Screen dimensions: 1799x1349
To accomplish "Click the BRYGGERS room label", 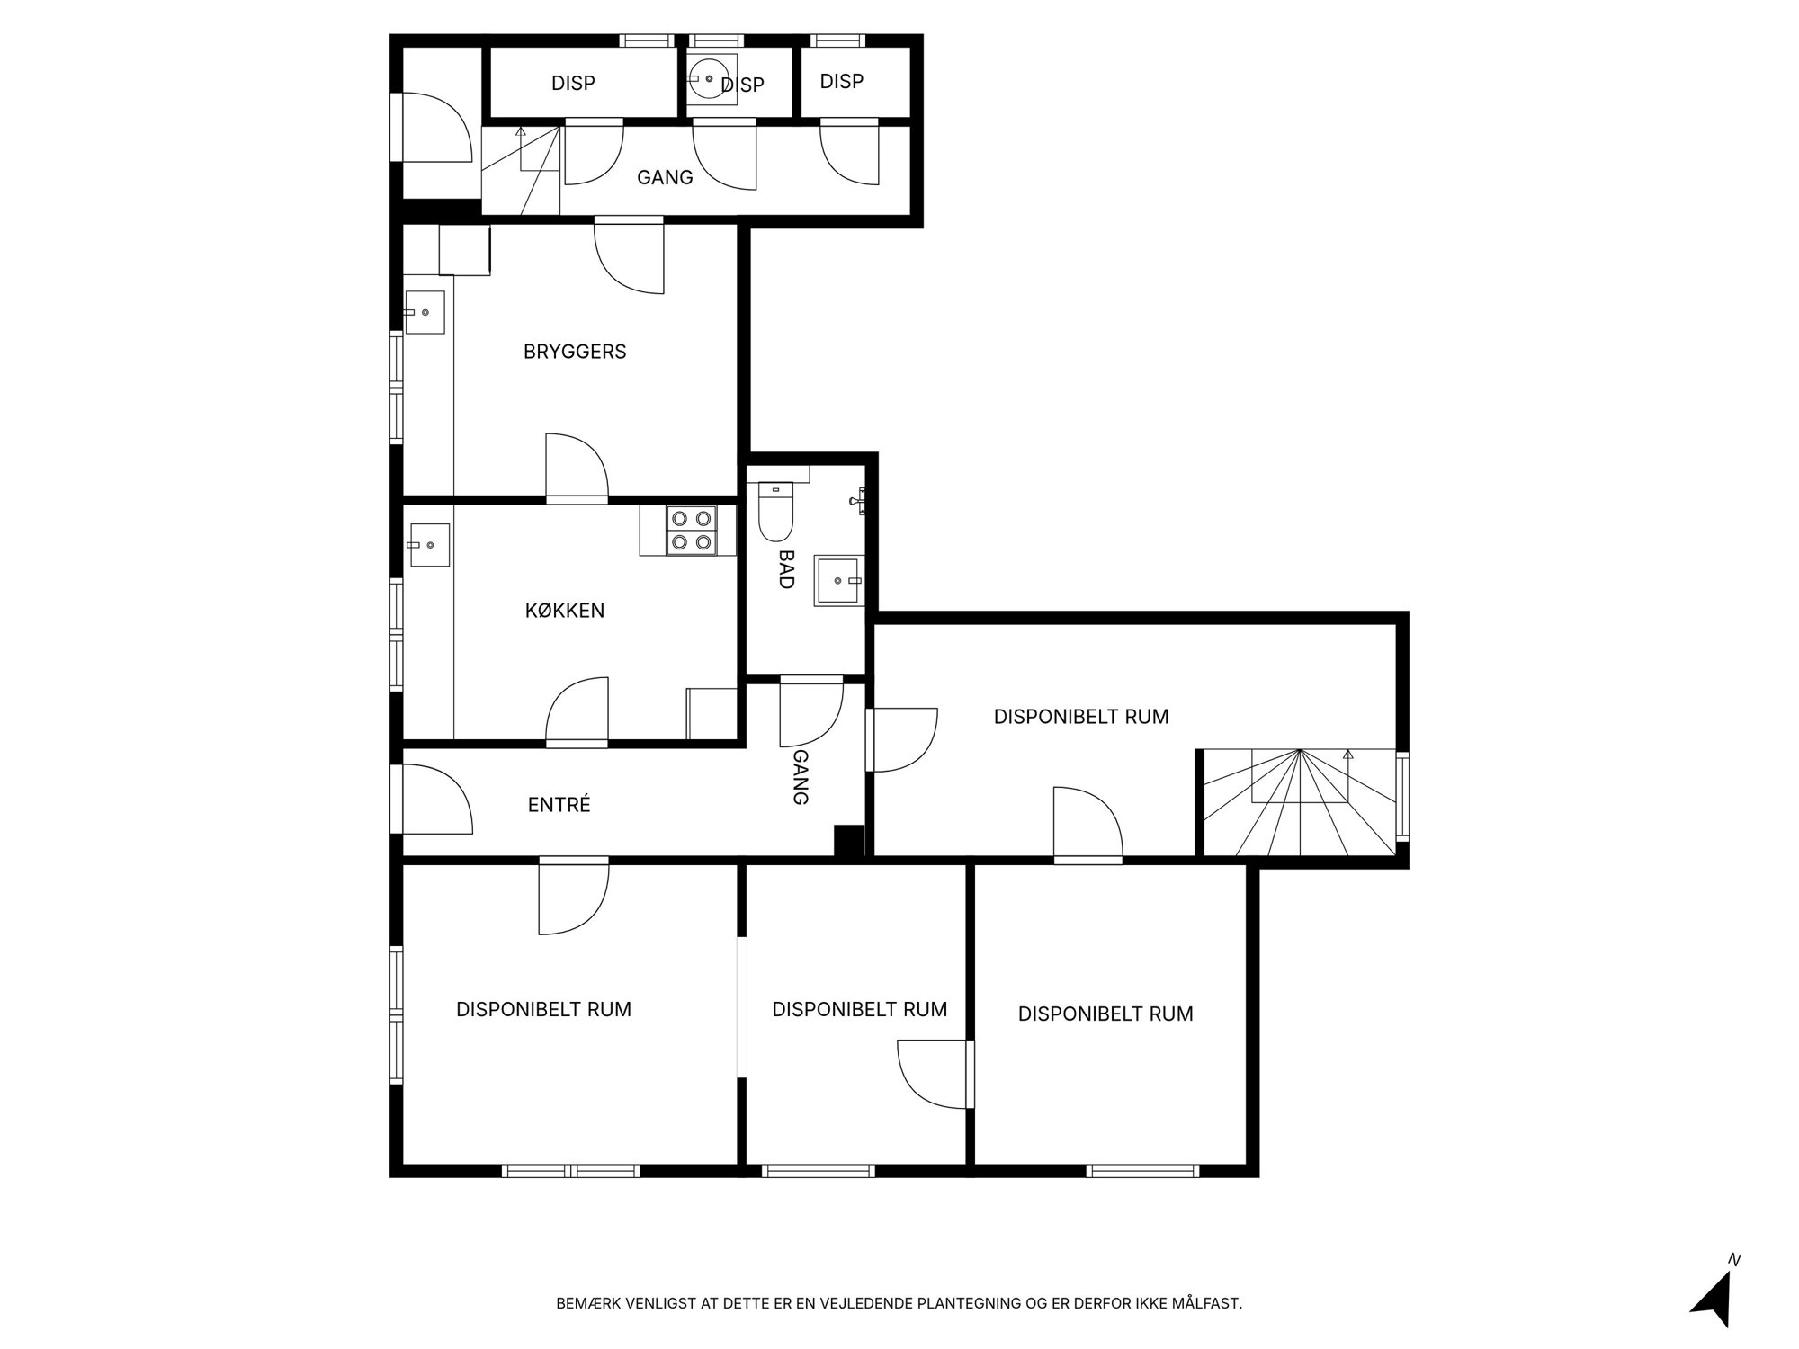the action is point(575,352).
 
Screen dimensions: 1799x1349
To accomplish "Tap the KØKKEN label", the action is point(565,611).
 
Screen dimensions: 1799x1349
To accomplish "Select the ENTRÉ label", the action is point(559,805).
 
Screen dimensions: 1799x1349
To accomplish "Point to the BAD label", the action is point(786,569).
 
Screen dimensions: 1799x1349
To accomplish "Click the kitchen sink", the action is point(430,545).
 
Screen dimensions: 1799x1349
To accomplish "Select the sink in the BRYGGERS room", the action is point(425,312).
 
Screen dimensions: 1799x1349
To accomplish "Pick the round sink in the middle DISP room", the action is point(711,79).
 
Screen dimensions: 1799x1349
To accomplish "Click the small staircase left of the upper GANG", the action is point(522,171).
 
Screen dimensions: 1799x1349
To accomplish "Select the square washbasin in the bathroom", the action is point(837,581).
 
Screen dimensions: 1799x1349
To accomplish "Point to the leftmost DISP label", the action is point(573,83).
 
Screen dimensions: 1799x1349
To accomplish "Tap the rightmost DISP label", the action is point(842,81).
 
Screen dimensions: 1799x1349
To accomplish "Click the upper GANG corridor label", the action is point(665,177).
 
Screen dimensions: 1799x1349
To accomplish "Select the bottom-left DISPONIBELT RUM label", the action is point(543,1009).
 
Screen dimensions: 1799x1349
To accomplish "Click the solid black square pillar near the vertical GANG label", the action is point(849,840).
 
